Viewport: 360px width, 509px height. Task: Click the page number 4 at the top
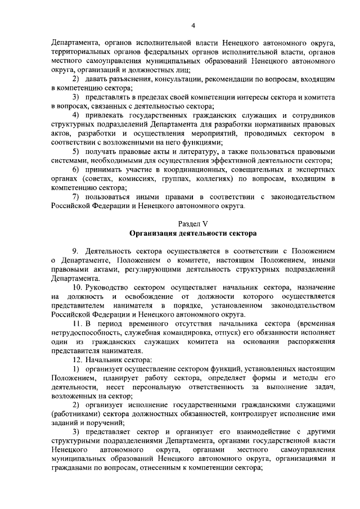point(193,25)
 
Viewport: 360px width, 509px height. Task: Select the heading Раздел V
point(192,223)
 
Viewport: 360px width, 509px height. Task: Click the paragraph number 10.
point(79,286)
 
